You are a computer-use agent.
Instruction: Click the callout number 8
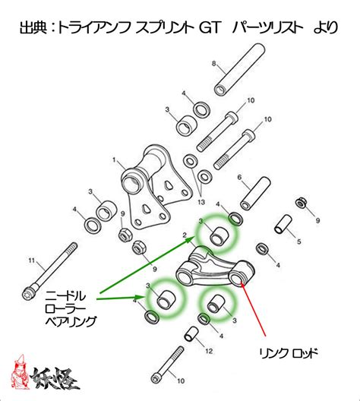pos(214,63)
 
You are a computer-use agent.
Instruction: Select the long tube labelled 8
pos(239,70)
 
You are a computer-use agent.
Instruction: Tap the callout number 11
pos(31,260)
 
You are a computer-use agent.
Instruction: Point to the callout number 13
pos(201,202)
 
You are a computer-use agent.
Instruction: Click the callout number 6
pos(239,177)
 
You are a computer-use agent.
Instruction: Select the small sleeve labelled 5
pos(283,224)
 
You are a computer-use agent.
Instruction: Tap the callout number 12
pos(209,351)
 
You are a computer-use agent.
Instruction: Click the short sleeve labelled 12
pos(191,333)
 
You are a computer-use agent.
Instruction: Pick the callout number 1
pos(114,160)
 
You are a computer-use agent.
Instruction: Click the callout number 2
pos(185,235)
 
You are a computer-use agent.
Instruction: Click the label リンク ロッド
pos(289,354)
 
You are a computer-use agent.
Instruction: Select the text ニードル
pos(65,296)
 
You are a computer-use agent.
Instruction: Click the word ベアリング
pos(71,321)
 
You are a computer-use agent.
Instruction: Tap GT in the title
pos(209,27)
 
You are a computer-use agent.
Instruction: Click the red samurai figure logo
pos(20,372)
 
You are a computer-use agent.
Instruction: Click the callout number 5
pos(298,242)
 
